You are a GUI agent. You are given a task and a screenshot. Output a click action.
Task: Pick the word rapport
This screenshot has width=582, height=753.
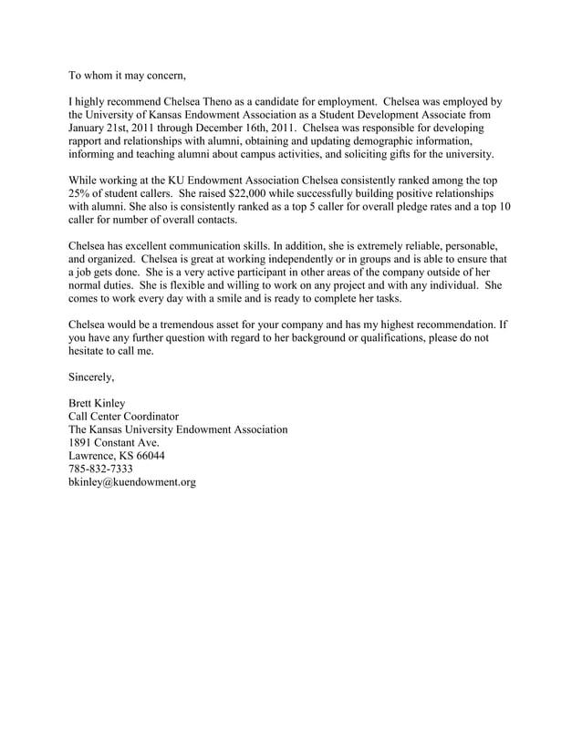tap(90, 142)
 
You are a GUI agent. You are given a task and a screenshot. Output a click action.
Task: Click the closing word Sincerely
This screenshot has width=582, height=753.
tap(92, 376)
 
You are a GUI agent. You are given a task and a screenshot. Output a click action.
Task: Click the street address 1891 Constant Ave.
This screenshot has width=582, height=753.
tap(114, 442)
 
